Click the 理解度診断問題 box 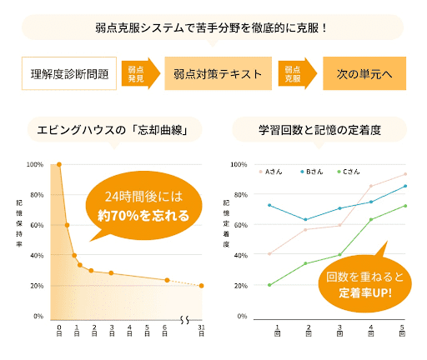point(68,73)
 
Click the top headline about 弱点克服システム point(213,27)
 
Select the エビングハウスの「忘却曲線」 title point(118,129)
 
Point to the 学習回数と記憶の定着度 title point(319,129)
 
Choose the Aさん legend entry point(271,172)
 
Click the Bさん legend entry point(310,172)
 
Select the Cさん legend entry point(349,172)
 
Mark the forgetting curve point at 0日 point(58,165)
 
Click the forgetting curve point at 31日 point(201,286)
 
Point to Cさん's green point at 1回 point(269,285)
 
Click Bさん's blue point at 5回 point(405,186)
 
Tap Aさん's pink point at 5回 point(405,174)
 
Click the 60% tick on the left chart point(38,226)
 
